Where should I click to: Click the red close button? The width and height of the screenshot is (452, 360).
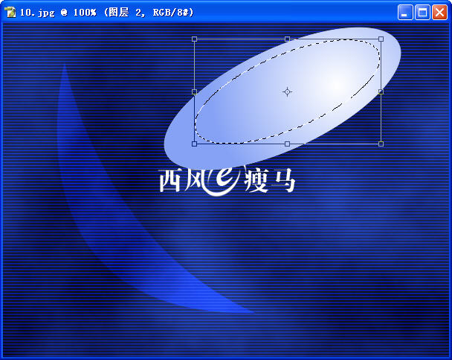click(439, 13)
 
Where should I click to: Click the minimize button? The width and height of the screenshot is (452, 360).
click(405, 13)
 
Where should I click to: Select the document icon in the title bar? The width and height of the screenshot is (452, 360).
click(10, 12)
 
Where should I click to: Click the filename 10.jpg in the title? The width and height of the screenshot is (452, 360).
click(37, 13)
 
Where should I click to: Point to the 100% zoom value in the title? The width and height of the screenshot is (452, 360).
click(85, 13)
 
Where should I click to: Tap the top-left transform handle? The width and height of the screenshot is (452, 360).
click(194, 39)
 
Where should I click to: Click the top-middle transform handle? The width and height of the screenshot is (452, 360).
click(287, 39)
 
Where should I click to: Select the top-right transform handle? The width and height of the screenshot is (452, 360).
click(381, 39)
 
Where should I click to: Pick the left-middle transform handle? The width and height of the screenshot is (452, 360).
click(194, 91)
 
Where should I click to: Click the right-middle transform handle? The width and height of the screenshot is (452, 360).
click(381, 91)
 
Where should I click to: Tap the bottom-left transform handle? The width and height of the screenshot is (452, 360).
click(194, 144)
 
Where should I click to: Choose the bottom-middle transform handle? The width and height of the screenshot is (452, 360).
click(287, 144)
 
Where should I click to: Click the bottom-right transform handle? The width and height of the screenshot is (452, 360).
click(381, 144)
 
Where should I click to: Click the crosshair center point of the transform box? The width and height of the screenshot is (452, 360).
click(287, 91)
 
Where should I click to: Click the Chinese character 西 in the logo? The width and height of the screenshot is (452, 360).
click(170, 180)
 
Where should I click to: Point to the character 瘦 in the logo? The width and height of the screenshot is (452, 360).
click(256, 181)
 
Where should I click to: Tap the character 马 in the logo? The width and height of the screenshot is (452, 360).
click(284, 181)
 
